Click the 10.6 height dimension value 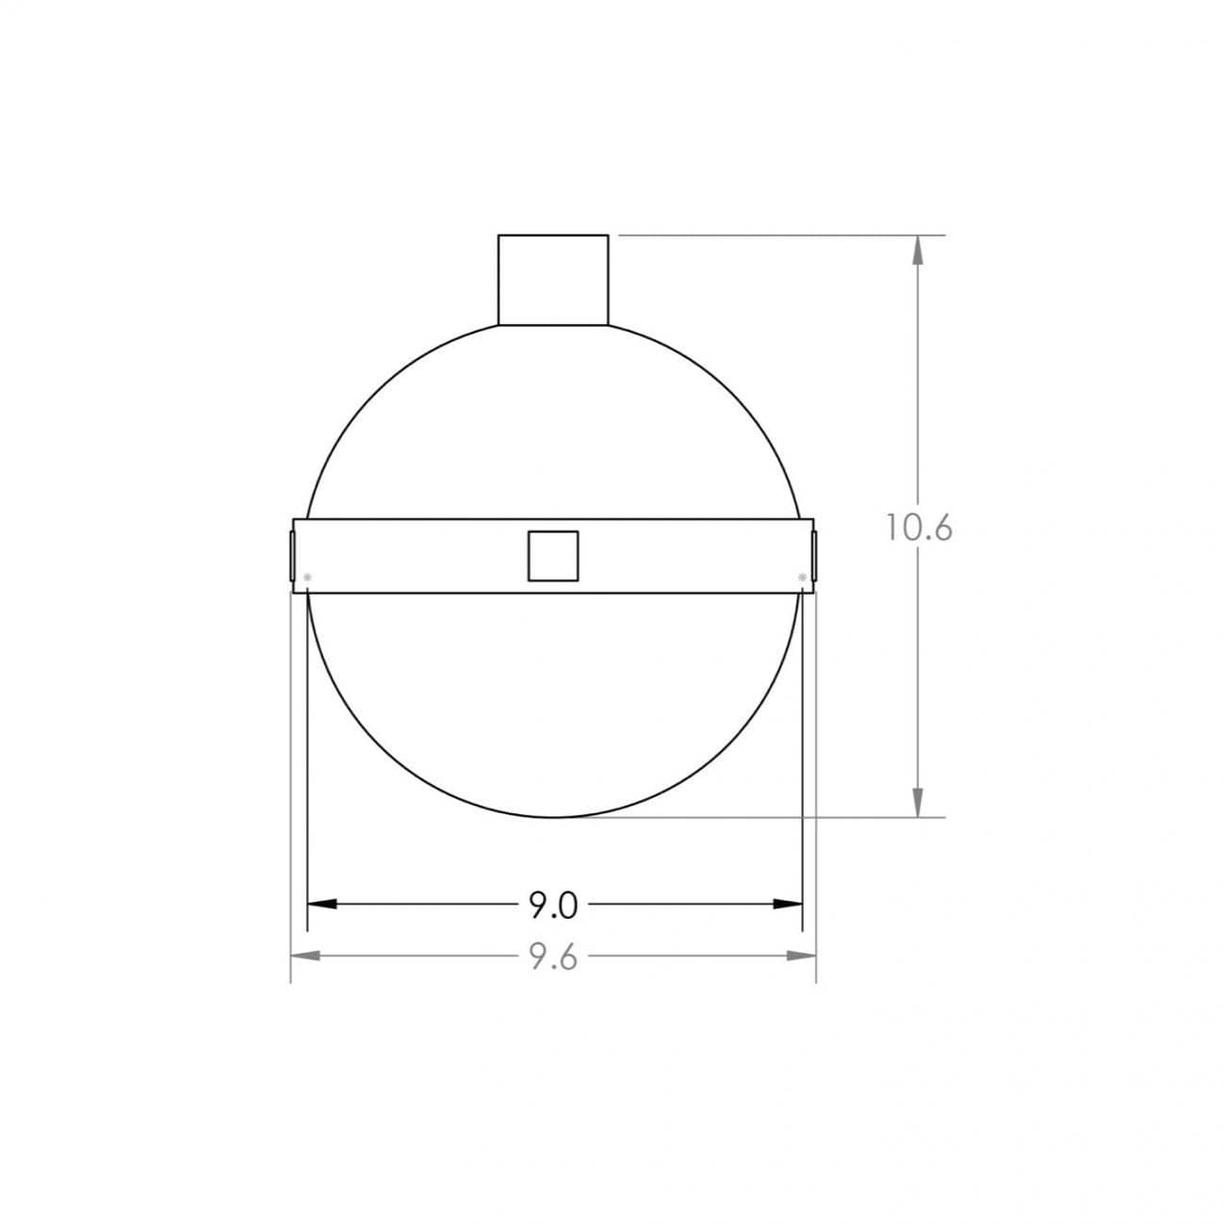click(x=919, y=528)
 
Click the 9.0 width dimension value click(x=552, y=906)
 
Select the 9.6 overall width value click(x=552, y=957)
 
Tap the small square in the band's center click(x=552, y=556)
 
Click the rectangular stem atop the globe click(x=553, y=280)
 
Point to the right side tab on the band click(x=814, y=556)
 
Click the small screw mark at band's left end click(x=307, y=576)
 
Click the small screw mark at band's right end click(x=802, y=576)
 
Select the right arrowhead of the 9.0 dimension click(x=788, y=904)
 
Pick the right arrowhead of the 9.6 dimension click(x=802, y=955)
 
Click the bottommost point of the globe click(x=554, y=817)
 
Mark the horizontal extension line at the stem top click(x=773, y=235)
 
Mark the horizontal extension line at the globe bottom click(x=754, y=817)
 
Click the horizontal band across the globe click(x=424, y=556)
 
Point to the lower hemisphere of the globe click(x=554, y=707)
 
